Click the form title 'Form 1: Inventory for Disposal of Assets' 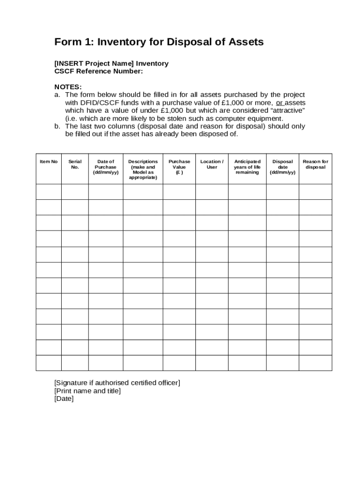[159, 42]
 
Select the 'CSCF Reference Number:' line [99, 71]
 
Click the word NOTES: [68, 87]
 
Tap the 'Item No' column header [49, 162]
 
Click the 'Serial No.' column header [75, 164]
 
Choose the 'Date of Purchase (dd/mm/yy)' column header [106, 167]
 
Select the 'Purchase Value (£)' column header [180, 167]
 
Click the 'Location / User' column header [212, 164]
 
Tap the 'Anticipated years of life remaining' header [247, 167]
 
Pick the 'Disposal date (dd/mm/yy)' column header [282, 167]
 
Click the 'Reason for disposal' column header [316, 164]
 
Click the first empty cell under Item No [49, 192]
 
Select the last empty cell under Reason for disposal [316, 363]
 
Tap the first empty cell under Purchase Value [180, 192]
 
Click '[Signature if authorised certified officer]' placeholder [117, 383]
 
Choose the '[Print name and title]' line [87, 391]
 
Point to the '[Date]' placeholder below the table [64, 399]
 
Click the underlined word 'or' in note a [279, 103]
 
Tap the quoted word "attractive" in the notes [286, 111]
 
